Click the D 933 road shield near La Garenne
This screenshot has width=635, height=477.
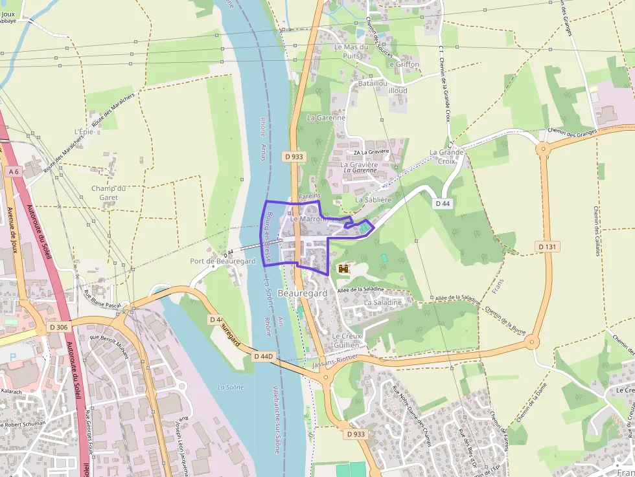point(294,156)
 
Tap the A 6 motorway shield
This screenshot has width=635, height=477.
point(14,171)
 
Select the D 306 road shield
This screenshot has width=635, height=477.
point(58,327)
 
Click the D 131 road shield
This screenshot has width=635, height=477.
point(548,247)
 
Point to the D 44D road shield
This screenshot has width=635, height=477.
point(264,356)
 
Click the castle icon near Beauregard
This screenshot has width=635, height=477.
point(343,268)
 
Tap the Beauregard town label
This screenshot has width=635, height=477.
point(302,293)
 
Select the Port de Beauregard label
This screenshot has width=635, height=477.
point(223,261)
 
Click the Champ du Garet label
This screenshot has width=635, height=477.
point(108,193)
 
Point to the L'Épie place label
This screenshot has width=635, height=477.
point(84,132)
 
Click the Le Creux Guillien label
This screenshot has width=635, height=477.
point(345,341)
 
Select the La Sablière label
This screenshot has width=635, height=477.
point(373,200)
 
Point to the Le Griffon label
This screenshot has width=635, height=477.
point(404,65)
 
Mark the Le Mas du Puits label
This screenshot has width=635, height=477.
point(351,51)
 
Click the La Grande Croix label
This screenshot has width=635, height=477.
point(446,157)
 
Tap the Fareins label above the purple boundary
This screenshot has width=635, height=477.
point(310,195)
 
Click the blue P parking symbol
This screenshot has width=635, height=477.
point(12,357)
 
